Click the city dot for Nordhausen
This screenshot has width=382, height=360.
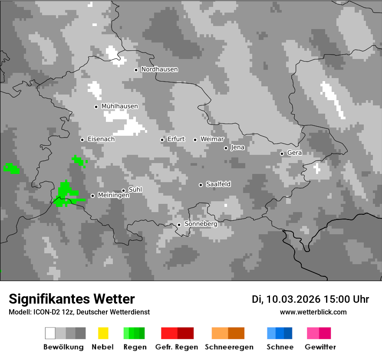(x=136, y=70)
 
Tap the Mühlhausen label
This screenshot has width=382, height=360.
(x=119, y=106)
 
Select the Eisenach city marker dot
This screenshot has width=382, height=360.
(x=82, y=140)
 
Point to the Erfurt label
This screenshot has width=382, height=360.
(x=176, y=139)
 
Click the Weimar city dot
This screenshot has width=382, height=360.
(x=195, y=140)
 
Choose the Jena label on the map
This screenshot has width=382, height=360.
(x=237, y=147)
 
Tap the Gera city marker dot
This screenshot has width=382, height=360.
(x=282, y=154)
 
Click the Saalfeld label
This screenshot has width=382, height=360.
(x=218, y=184)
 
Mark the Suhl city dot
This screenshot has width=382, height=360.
(x=123, y=190)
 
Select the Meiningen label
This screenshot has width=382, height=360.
(x=113, y=196)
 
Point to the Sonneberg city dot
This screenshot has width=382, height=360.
(x=179, y=225)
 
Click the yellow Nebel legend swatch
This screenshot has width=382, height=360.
(x=103, y=333)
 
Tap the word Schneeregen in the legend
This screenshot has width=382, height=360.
(x=229, y=347)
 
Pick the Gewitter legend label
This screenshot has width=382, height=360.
(x=320, y=347)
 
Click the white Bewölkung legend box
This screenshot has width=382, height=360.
(x=50, y=333)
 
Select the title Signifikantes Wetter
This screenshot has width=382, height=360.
(x=72, y=299)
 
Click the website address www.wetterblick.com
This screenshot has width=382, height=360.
(x=313, y=312)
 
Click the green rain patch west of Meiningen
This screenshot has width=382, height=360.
(x=65, y=193)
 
